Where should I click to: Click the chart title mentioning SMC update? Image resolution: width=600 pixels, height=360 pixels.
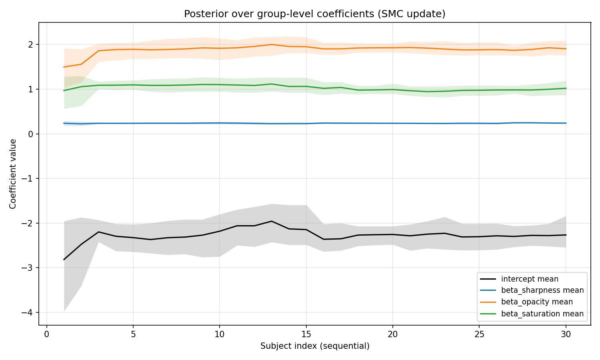(x=314, y=14)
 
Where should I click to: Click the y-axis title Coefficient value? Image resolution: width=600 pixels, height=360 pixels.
(x=13, y=174)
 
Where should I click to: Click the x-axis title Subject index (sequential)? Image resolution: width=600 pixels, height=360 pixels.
(x=315, y=346)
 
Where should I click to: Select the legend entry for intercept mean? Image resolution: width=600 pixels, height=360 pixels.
(x=530, y=279)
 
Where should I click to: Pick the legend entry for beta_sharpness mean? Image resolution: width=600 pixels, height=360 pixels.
(x=542, y=290)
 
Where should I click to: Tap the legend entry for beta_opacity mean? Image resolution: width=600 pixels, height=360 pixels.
(x=537, y=302)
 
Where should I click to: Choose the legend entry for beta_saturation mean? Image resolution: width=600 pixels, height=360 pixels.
(x=542, y=314)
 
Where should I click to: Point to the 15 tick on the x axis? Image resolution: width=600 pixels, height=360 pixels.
(x=306, y=334)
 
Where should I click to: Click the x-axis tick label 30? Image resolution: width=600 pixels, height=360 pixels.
(x=566, y=334)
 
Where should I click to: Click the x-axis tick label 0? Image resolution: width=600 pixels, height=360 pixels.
(x=47, y=334)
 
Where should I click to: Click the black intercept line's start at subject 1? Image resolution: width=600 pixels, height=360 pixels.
(x=64, y=260)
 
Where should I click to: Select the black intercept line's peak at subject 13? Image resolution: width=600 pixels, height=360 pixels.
(x=272, y=221)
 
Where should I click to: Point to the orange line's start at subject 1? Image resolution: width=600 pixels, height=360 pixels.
(x=64, y=67)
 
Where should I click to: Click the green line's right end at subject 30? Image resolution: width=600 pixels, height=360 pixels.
(x=566, y=88)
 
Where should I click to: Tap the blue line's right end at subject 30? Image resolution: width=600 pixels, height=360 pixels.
(x=566, y=123)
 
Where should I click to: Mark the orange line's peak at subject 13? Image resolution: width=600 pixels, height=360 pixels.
(x=272, y=44)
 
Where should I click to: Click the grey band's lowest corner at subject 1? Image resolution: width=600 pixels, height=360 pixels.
(x=64, y=311)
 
